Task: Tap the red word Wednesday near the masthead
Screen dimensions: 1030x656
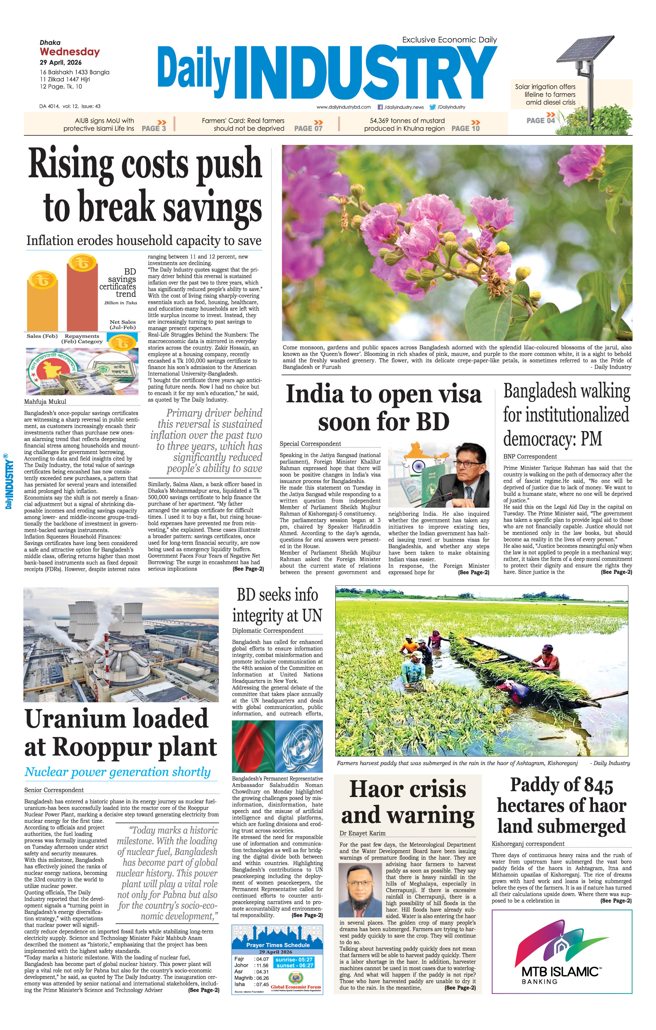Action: click(x=70, y=52)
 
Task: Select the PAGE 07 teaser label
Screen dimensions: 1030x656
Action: click(x=308, y=128)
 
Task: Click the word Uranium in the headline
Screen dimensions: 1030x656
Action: click(x=117, y=719)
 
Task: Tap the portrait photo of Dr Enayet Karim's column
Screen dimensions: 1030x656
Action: click(x=360, y=890)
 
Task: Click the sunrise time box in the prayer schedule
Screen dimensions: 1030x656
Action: click(x=294, y=959)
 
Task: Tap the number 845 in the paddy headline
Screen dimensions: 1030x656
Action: click(x=592, y=785)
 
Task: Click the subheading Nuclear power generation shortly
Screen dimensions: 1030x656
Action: click(x=117, y=772)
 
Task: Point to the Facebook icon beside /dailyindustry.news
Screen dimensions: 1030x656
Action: click(x=380, y=107)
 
